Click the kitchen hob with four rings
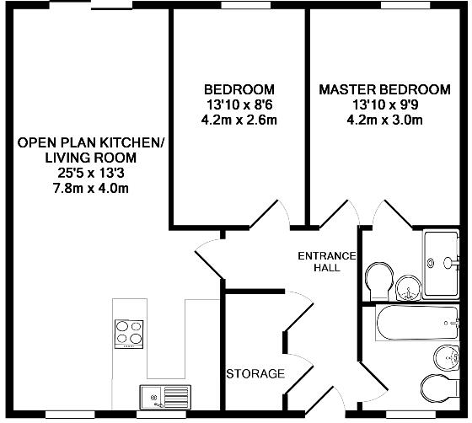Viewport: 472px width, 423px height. [129, 333]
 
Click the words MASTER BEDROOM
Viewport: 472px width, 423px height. [384, 89]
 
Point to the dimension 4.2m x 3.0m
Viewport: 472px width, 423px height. [384, 120]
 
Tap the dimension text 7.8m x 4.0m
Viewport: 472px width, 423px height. [90, 188]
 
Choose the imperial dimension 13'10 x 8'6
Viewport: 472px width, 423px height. [239, 104]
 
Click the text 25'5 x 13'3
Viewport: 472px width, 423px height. [90, 173]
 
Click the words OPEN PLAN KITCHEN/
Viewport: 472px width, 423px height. [90, 142]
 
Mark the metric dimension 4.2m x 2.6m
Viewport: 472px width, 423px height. [239, 120]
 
